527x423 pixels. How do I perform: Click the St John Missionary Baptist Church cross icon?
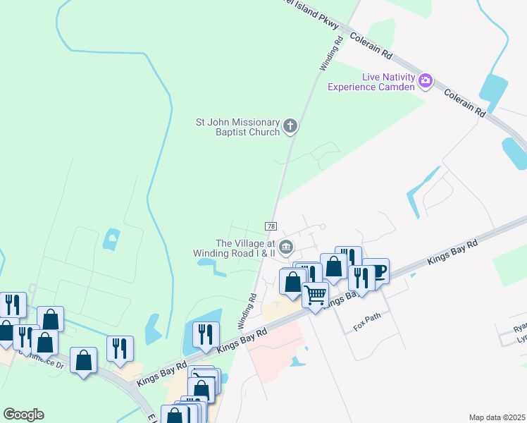tap(290, 127)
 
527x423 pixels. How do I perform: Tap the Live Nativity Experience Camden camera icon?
tap(425, 80)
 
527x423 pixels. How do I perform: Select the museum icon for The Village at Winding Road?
tap(285, 246)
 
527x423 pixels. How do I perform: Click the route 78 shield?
tap(271, 226)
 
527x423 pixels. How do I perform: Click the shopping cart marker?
tap(316, 293)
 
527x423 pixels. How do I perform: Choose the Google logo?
tap(23, 415)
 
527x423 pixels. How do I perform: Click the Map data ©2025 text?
tap(496, 417)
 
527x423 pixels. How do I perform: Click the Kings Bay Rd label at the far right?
tap(453, 252)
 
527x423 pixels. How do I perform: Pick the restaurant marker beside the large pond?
tap(206, 333)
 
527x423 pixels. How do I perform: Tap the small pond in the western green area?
tap(111, 240)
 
